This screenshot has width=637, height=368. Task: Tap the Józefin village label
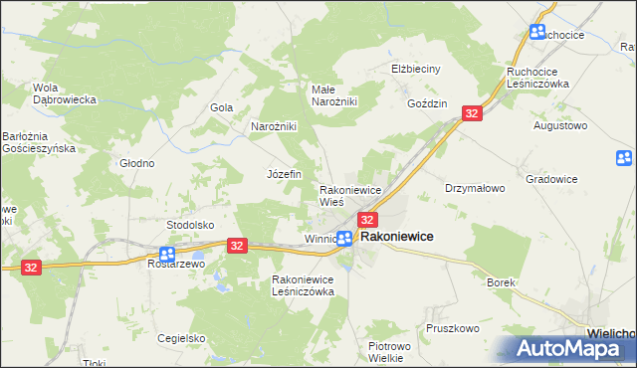284,173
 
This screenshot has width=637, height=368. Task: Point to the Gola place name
221,107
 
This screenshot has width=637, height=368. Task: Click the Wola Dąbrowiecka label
64,92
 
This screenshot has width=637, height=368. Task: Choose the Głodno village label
136,163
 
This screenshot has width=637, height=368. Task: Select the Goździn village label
428,103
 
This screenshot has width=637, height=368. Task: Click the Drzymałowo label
476,187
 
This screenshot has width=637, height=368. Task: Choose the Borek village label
501,282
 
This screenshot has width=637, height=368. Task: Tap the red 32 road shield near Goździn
472,114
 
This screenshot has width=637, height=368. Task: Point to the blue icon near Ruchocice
537,32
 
